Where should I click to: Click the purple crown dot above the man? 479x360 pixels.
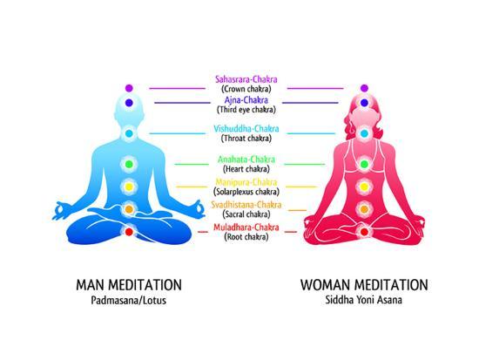(x=129, y=88)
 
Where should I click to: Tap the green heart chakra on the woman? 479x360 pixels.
(x=364, y=164)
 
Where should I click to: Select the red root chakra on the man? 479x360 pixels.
(x=129, y=232)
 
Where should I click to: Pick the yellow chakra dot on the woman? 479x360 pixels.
(x=364, y=187)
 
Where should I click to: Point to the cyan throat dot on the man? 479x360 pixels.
(x=129, y=133)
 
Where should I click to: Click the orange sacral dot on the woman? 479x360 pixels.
(x=364, y=209)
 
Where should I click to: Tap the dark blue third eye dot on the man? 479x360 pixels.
(x=129, y=103)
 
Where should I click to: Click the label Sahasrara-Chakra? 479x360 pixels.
(x=246, y=79)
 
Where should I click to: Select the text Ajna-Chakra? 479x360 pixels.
(x=246, y=100)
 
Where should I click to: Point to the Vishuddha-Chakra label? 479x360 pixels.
(x=246, y=129)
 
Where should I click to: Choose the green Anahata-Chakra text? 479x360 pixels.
(x=246, y=160)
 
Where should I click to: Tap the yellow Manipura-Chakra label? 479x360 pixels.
(x=246, y=182)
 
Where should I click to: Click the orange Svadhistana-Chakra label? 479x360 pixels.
(x=246, y=205)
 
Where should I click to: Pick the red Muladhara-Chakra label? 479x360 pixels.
(x=246, y=228)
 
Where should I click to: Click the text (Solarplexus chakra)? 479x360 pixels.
(x=246, y=192)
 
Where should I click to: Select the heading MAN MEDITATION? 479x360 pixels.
(x=129, y=285)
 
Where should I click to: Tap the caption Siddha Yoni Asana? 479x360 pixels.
(x=363, y=300)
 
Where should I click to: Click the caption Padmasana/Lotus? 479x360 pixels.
(x=129, y=300)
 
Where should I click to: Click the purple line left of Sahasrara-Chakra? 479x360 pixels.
(x=177, y=89)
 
